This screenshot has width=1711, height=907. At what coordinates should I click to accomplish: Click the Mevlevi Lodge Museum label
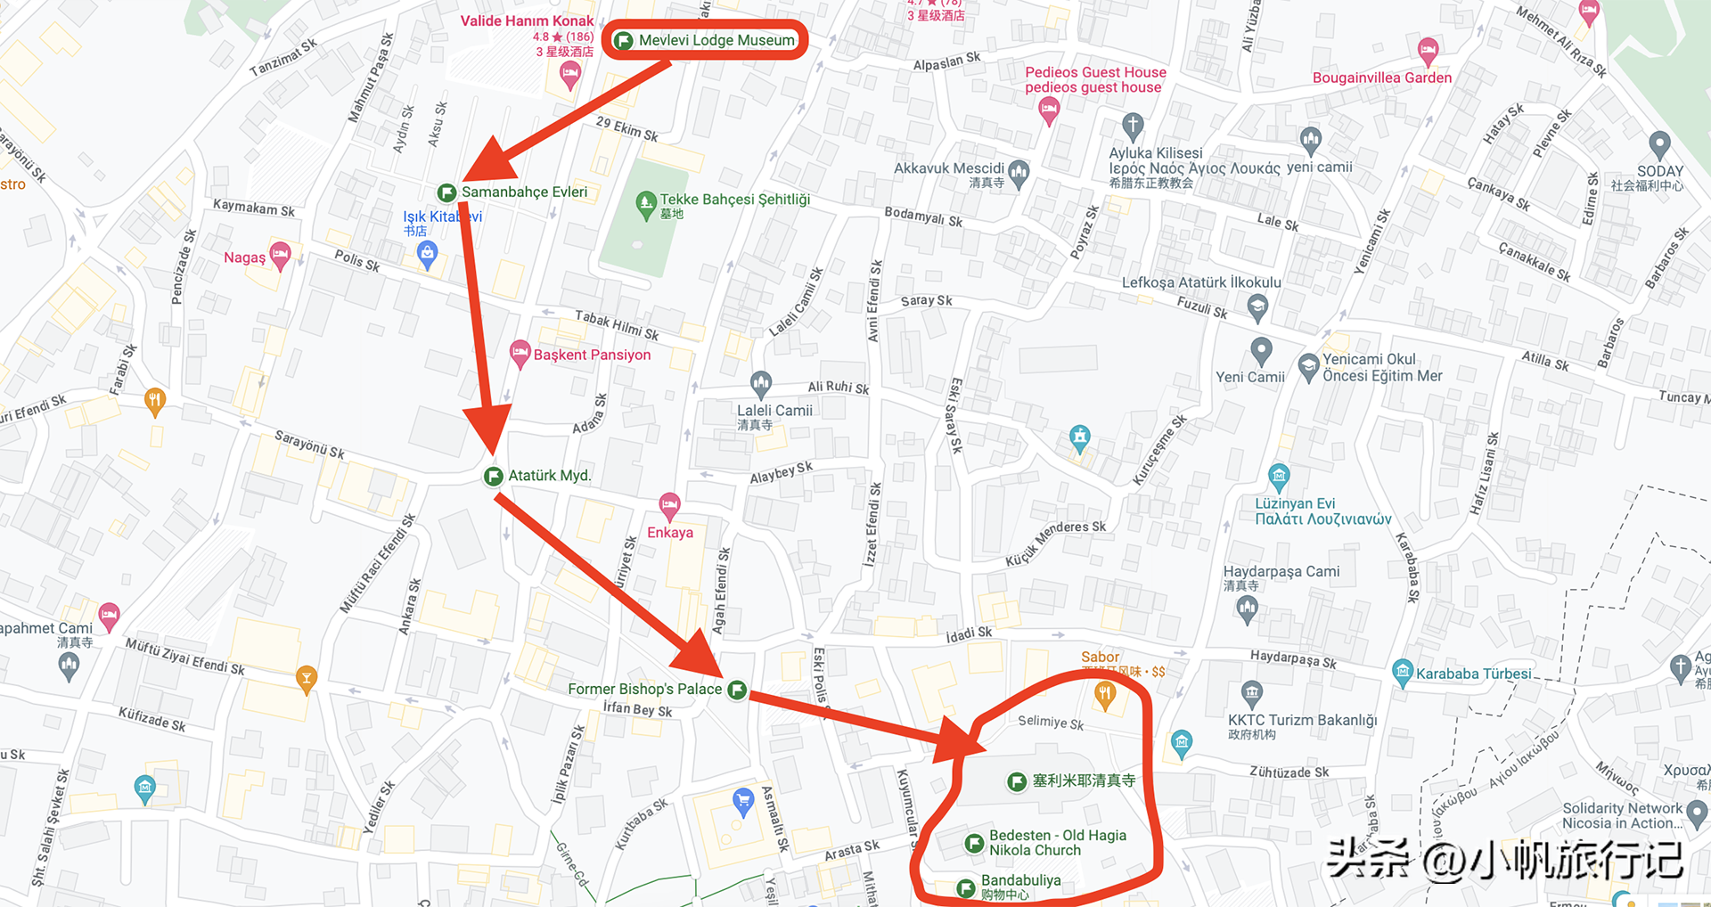(716, 40)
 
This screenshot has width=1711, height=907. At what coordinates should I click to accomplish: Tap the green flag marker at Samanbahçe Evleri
(446, 192)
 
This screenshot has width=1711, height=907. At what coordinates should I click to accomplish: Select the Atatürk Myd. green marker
(493, 476)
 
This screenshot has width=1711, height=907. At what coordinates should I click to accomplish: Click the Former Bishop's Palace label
(644, 689)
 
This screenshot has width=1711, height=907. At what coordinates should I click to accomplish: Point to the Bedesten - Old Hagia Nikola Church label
(1057, 843)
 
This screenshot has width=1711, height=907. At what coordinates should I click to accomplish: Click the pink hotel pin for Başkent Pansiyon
(520, 353)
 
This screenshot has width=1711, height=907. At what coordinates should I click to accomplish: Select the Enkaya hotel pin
(669, 506)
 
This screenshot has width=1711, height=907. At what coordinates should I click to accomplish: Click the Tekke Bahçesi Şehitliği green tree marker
(646, 204)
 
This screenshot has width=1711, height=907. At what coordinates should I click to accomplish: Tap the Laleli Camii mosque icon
(760, 384)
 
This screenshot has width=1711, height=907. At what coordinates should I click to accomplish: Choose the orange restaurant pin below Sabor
(1105, 694)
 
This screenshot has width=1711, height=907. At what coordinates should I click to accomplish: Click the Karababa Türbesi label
(1473, 674)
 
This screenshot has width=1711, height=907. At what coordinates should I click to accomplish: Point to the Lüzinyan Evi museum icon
(1279, 475)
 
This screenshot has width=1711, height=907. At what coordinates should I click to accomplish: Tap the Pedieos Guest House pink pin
(1049, 110)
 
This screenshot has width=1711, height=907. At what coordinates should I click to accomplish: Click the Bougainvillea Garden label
(1381, 78)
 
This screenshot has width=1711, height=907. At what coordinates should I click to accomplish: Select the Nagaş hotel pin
(280, 255)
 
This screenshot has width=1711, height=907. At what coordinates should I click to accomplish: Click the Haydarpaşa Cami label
(1281, 571)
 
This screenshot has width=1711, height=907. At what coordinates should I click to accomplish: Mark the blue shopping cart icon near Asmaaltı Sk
(742, 799)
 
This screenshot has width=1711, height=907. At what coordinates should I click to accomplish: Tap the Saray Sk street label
(926, 301)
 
